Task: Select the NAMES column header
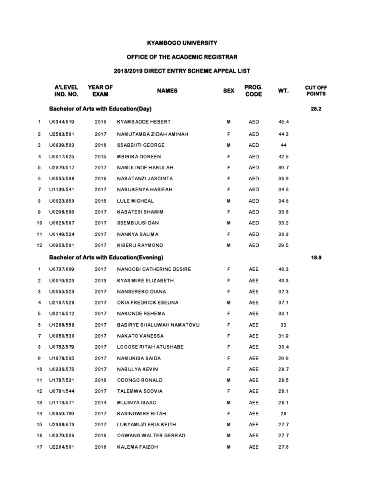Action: point(167,91)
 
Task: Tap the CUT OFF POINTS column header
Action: point(316,91)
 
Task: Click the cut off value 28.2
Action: point(316,109)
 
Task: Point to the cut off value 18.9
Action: point(316,257)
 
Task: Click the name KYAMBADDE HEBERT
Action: point(144,122)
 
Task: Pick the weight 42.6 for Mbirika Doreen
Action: point(283,156)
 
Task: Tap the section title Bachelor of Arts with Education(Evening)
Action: point(106,257)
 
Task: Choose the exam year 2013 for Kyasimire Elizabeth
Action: point(101,281)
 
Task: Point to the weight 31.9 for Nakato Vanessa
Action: point(283,336)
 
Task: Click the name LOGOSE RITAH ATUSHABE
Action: point(150,347)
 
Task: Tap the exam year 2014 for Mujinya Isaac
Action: point(101,402)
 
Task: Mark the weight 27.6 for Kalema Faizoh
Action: point(283,447)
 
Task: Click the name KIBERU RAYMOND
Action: point(140,245)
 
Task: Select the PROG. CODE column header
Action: point(253,91)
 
